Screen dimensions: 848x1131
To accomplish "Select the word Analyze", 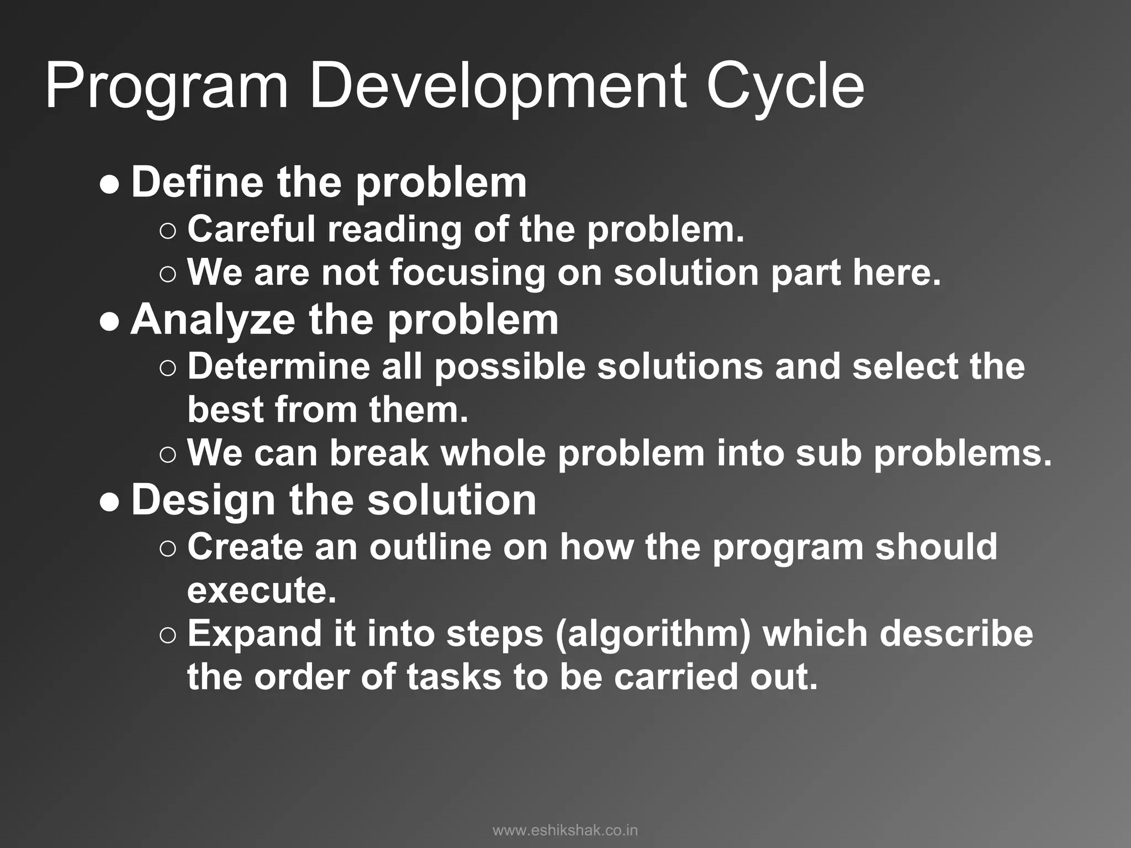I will click(x=213, y=320).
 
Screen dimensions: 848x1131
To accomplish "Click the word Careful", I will click(x=251, y=229).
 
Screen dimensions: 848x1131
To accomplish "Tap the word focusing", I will click(x=467, y=273).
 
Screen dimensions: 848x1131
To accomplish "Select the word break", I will click(x=379, y=453).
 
